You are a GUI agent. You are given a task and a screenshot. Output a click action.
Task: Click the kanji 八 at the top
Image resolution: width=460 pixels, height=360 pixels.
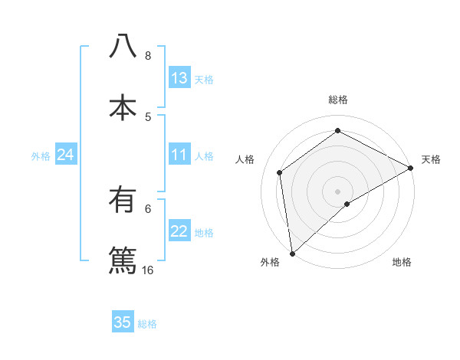click(123, 46)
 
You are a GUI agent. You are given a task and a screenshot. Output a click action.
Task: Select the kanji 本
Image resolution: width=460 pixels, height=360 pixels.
click(123, 108)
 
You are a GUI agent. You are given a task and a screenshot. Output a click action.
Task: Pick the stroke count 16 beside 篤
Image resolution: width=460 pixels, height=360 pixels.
click(147, 270)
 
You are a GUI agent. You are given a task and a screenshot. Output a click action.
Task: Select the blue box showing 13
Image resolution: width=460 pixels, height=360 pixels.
click(179, 78)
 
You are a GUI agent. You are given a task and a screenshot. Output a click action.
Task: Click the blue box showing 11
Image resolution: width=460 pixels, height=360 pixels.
click(179, 155)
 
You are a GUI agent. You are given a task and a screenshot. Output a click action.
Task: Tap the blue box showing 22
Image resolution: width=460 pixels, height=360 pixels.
click(179, 232)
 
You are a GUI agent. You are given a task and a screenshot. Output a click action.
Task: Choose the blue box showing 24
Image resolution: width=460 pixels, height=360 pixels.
click(66, 155)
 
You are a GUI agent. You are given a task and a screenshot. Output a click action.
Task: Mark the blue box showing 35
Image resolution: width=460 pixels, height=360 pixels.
click(123, 322)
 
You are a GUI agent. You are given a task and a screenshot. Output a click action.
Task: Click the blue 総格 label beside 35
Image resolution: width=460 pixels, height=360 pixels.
click(147, 324)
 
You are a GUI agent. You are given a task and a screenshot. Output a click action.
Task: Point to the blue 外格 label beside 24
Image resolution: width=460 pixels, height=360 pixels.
click(41, 156)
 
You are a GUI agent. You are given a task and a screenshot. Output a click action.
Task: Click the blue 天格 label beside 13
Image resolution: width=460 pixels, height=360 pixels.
click(204, 79)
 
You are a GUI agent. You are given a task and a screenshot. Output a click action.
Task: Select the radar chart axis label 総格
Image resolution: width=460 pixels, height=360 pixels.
click(338, 100)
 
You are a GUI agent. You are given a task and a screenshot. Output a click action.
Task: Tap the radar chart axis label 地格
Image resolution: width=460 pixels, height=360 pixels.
click(402, 263)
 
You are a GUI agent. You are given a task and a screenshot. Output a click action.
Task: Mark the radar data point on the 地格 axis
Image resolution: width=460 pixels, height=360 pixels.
click(347, 204)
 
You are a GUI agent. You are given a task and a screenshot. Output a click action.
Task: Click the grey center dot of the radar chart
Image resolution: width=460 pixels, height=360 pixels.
click(338, 191)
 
